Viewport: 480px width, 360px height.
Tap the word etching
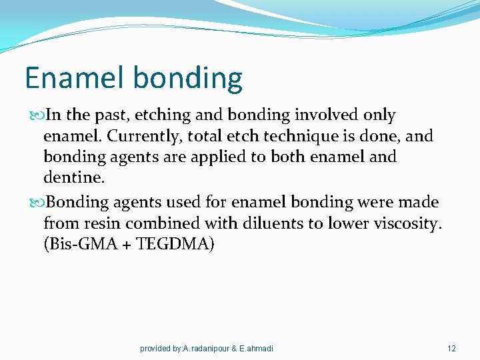(x=162, y=115)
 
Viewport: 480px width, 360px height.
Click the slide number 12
(x=451, y=349)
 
